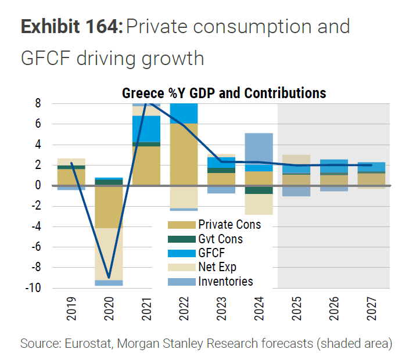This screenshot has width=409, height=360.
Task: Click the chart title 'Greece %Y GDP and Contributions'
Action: point(224,93)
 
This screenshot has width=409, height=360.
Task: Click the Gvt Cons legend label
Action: point(220,239)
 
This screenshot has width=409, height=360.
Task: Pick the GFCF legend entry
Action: point(211,253)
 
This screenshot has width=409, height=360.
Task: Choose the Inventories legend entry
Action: point(225,282)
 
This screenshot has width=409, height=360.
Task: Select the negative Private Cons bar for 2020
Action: point(109,207)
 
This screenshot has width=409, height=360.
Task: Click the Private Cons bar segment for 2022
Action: point(184,154)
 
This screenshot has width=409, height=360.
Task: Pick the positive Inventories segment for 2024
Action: point(260,149)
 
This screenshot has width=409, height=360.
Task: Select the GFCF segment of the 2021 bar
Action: point(146,128)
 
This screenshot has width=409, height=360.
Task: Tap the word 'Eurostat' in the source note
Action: point(79,343)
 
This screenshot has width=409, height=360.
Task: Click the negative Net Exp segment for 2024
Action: point(260,204)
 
